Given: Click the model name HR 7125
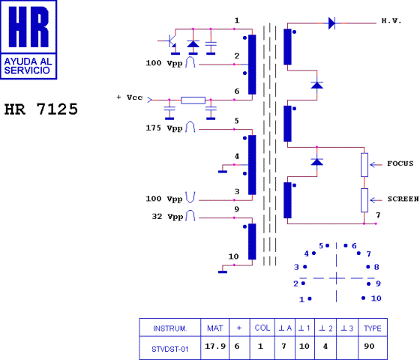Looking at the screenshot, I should pos(41,109).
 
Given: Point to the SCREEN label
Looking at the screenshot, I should pos(403,199).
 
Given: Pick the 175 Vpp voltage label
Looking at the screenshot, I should pos(164,128).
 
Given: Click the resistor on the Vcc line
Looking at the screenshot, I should pos(193,100).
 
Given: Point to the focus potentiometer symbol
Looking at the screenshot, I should pos(364,164).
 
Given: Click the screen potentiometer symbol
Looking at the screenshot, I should pos(364,200).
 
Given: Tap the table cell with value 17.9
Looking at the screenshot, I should pos(215,347).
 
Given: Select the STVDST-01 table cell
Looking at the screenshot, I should pos(169,347).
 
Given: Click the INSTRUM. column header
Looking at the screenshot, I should pos(169,328).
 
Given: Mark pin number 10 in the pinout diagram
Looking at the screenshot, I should pos(376,298).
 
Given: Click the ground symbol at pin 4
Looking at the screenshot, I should pos(222,171).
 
